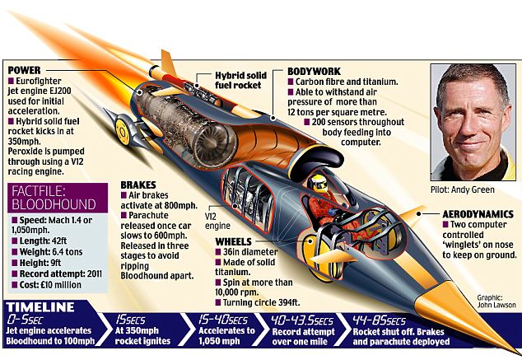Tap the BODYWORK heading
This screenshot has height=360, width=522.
pos(316,71)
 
